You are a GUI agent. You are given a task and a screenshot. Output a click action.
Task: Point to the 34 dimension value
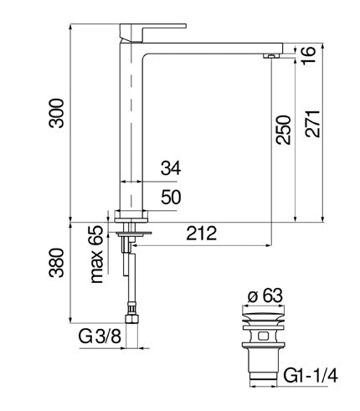[x=170, y=168]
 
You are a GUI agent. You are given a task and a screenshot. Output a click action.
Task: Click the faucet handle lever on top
[x=141, y=31]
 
